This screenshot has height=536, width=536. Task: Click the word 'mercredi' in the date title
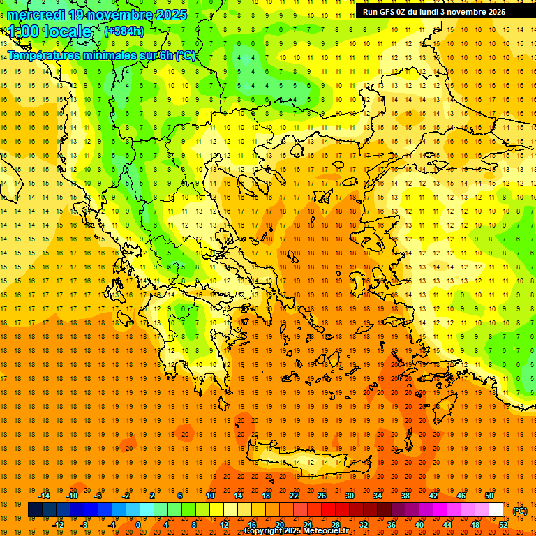36,15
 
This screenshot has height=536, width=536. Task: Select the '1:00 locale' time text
50,31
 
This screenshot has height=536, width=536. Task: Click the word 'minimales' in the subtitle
115,56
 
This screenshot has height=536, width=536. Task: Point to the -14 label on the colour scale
44,496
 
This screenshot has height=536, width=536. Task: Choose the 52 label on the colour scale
503,525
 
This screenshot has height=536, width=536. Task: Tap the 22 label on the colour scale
294,496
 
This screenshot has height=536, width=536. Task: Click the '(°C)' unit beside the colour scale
520,511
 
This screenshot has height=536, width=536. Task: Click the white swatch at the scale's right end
496,510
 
